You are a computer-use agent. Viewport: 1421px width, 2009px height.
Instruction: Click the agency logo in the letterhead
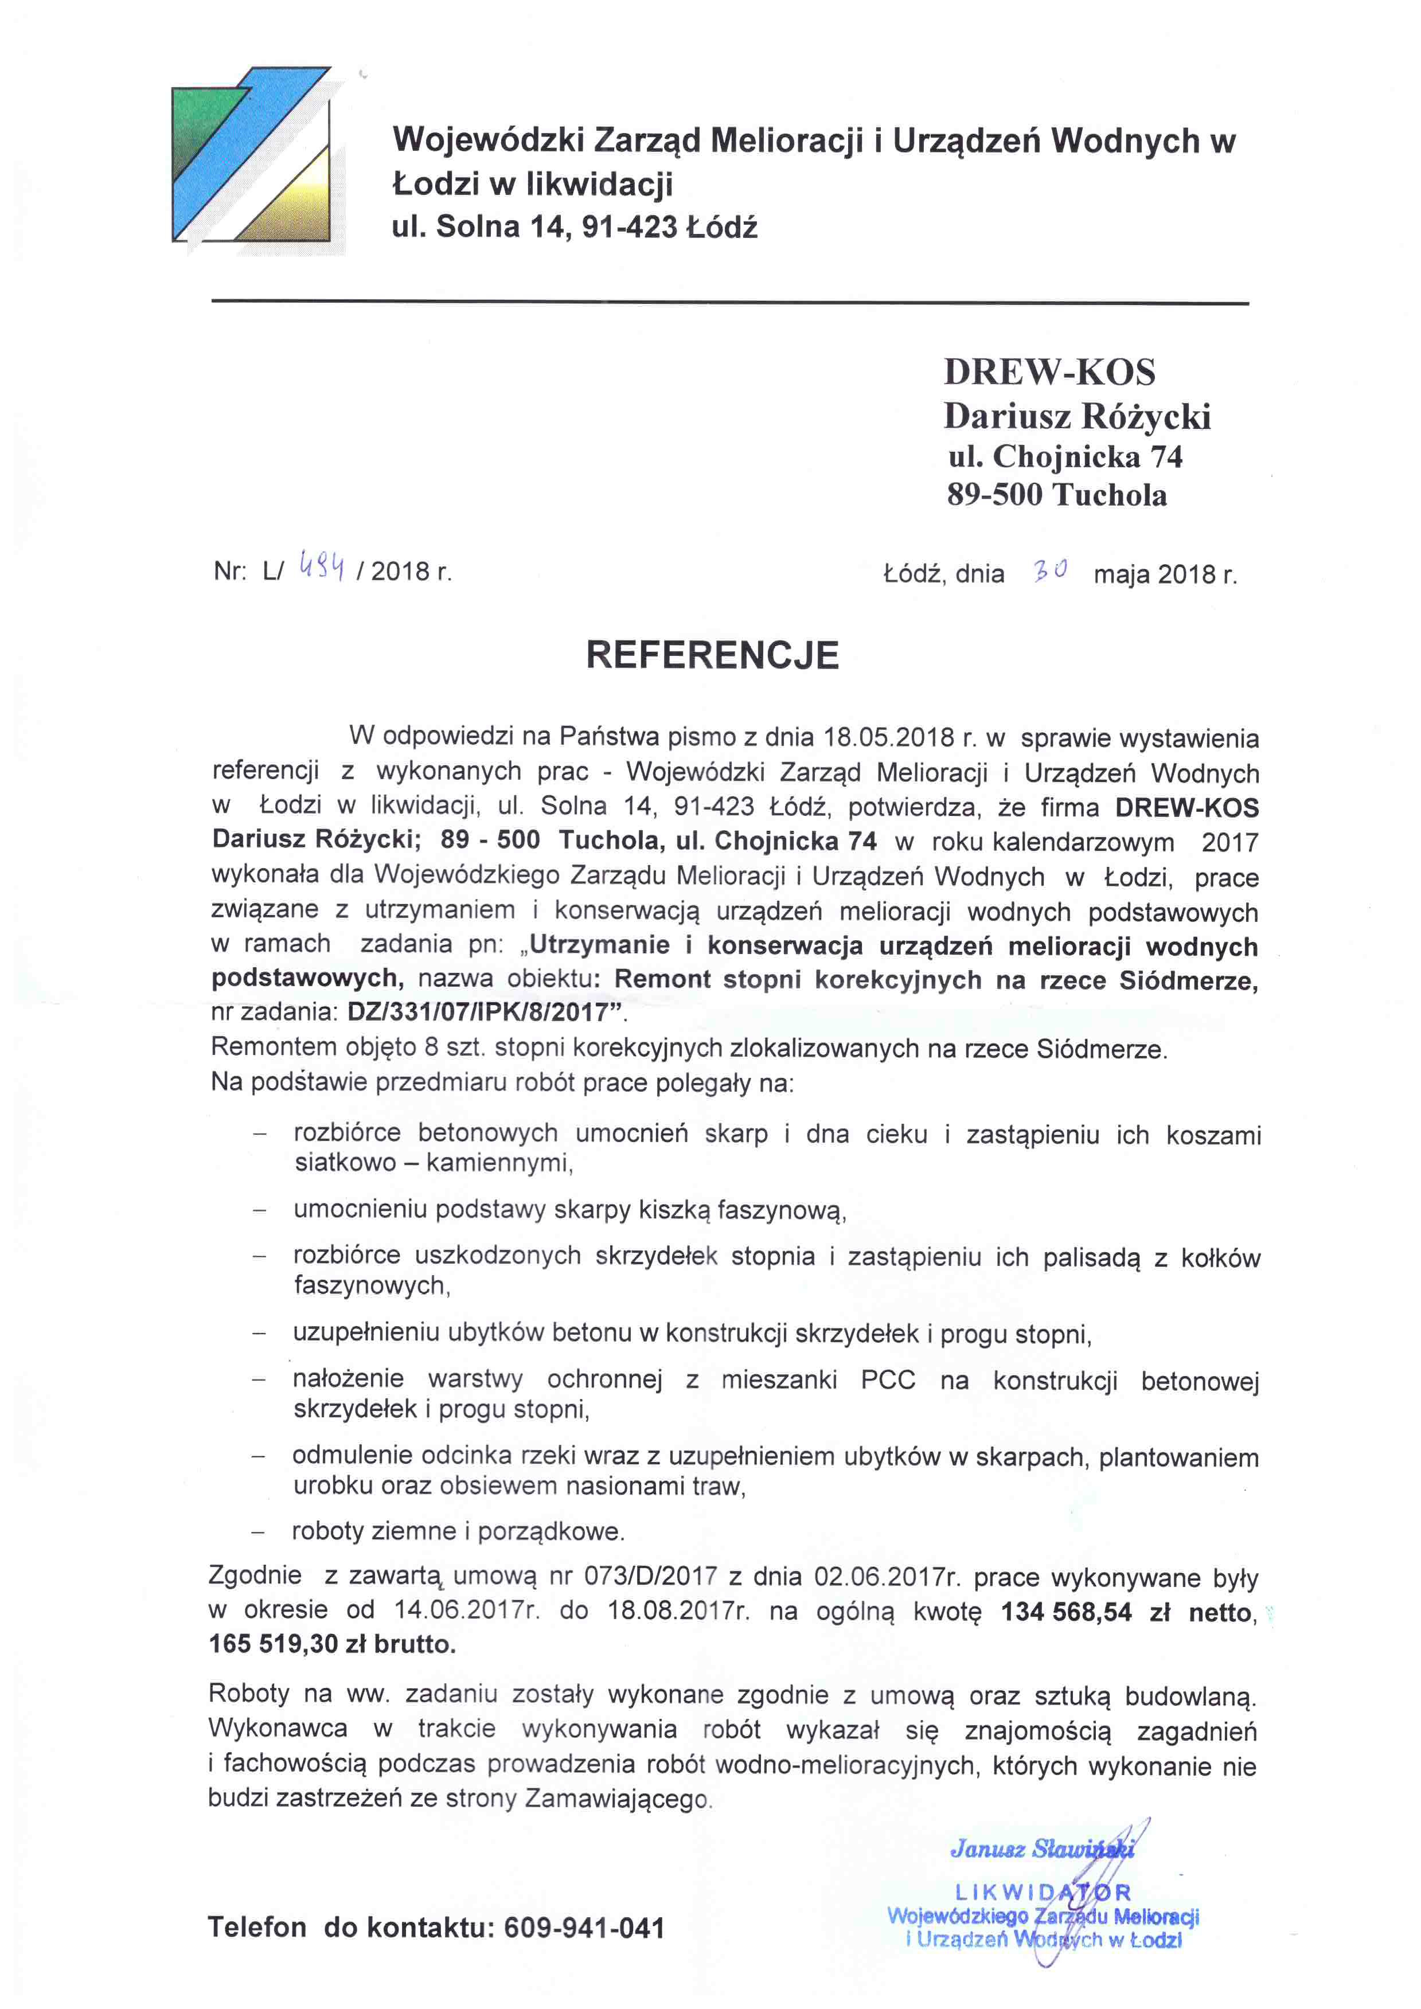pos(252,155)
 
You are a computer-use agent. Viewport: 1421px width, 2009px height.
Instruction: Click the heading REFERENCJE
pos(712,655)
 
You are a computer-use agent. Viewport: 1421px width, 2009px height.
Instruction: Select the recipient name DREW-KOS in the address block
pos(1049,373)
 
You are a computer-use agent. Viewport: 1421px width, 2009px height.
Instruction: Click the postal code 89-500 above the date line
pos(994,495)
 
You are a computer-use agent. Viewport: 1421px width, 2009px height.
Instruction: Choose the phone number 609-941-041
pos(584,1928)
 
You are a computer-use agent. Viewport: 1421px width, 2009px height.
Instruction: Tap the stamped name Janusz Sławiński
pos(1041,1849)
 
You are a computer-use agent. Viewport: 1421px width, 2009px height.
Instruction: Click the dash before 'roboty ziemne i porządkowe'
pos(258,1532)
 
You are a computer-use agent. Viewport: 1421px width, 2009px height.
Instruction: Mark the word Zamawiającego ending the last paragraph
pos(618,1799)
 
